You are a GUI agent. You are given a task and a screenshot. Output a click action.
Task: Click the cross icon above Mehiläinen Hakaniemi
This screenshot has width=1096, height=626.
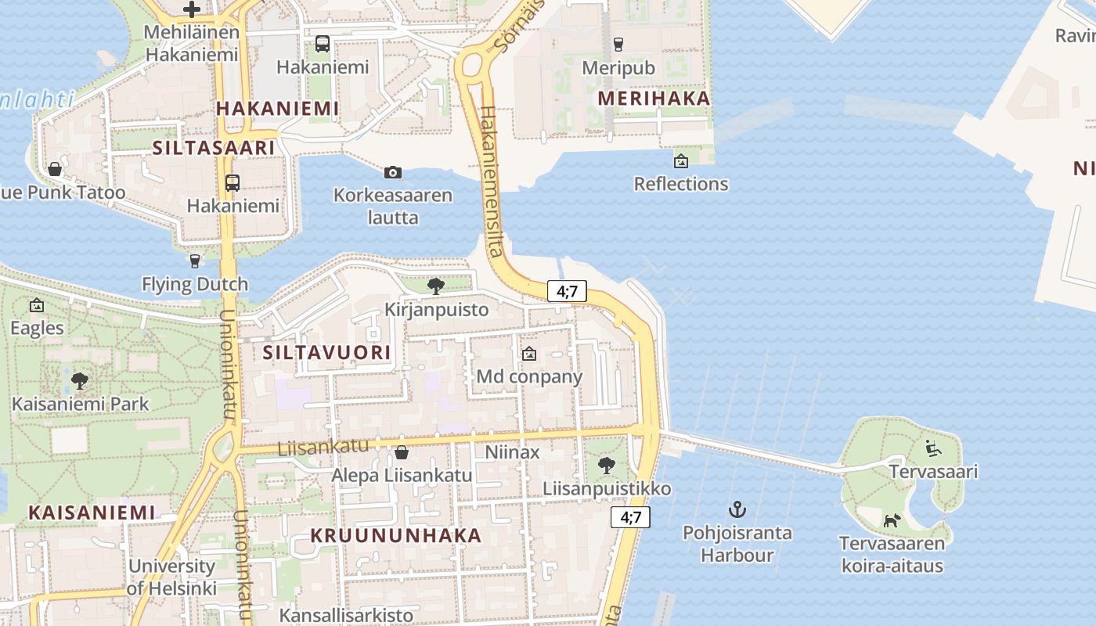(192, 9)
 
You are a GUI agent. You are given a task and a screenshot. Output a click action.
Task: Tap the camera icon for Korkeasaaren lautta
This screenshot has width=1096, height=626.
(393, 172)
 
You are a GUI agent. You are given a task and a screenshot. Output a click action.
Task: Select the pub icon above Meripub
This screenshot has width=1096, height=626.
(618, 44)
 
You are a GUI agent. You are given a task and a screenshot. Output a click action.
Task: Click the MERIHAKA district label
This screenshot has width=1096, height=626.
(654, 99)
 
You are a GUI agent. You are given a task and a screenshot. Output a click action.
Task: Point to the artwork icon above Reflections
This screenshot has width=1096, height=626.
(681, 161)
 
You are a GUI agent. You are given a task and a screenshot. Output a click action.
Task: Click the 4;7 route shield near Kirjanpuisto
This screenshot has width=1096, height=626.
(567, 292)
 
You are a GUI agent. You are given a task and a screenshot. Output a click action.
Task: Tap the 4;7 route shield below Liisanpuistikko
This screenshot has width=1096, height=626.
(630, 517)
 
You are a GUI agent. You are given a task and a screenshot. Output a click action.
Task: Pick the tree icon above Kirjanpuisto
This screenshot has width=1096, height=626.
(436, 286)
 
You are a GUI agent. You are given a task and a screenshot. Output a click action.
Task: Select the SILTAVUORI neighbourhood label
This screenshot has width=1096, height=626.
(326, 353)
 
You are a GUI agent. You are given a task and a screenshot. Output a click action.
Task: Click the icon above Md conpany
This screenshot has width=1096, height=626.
(529, 354)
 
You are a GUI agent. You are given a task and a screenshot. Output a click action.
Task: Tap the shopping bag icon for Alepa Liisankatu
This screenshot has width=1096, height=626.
(401, 452)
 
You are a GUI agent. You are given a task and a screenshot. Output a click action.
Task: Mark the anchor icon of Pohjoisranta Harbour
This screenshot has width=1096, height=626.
(737, 510)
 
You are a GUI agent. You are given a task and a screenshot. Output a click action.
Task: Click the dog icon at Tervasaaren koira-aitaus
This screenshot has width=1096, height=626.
(892, 520)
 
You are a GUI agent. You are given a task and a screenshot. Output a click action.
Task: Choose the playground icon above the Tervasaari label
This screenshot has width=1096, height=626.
(933, 448)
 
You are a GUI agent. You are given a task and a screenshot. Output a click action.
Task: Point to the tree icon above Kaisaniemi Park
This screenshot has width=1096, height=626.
(79, 381)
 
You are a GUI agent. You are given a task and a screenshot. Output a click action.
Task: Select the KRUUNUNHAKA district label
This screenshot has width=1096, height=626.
(396, 536)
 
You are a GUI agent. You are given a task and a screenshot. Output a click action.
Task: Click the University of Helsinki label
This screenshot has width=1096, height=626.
(172, 577)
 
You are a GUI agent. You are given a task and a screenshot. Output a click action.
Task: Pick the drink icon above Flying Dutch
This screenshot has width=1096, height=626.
(195, 261)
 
